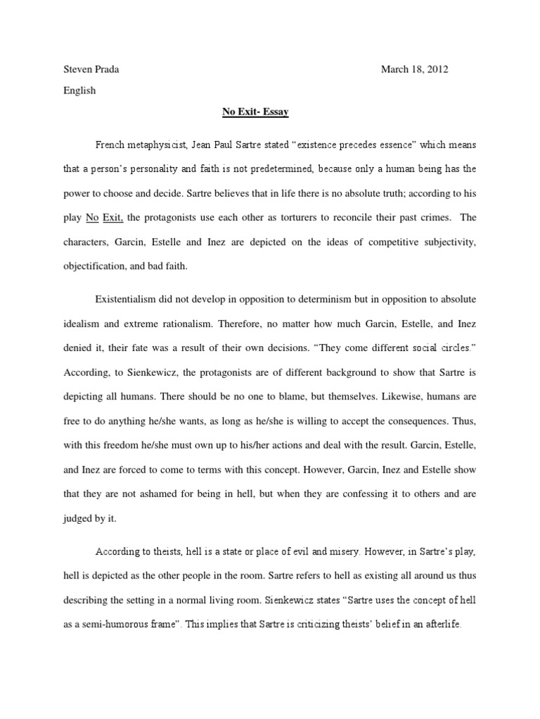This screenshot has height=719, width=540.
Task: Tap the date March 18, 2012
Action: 414,69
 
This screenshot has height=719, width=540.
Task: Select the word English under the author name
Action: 79,91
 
